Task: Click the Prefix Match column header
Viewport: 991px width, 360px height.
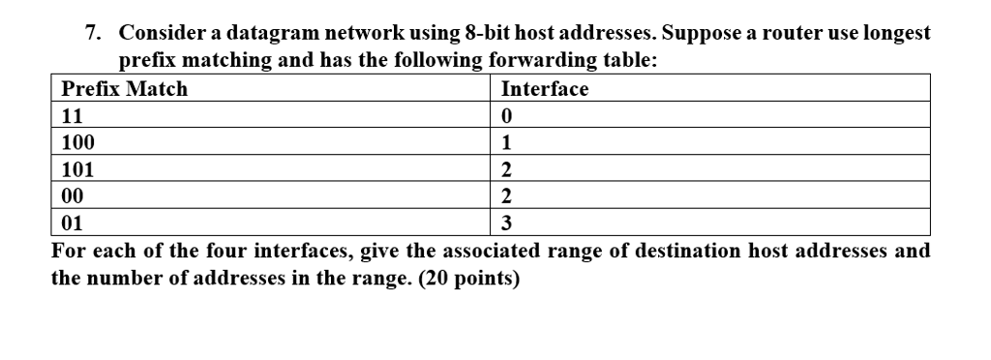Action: (x=125, y=90)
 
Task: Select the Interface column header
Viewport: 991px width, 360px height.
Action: (x=545, y=90)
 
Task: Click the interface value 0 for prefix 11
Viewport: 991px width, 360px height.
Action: (x=506, y=116)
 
